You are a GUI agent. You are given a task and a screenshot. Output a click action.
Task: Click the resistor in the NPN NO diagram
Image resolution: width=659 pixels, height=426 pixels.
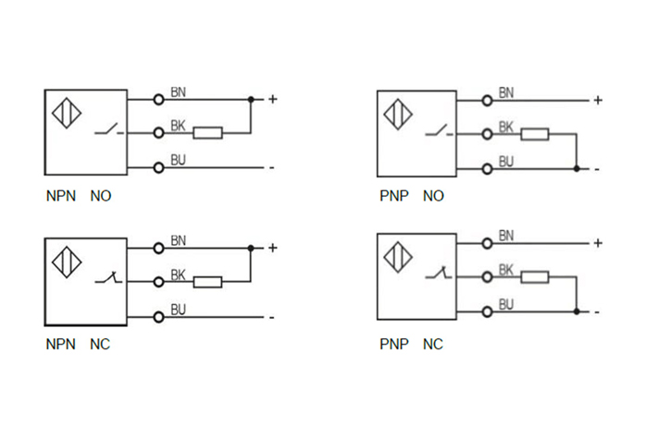[x=208, y=133]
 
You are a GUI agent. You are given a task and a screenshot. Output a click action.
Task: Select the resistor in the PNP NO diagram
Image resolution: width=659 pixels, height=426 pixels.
[x=534, y=135]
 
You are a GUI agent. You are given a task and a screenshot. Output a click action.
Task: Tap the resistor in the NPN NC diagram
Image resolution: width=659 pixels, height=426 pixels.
[x=208, y=282]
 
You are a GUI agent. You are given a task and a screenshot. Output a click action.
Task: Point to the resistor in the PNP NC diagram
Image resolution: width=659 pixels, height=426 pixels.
[x=534, y=277]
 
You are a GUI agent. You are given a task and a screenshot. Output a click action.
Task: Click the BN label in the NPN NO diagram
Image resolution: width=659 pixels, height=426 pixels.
[x=179, y=92]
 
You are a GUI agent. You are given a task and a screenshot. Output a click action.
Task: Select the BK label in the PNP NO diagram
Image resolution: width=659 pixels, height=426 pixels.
[x=506, y=127]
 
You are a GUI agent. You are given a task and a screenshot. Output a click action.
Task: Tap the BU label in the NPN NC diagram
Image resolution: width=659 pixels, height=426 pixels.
[x=179, y=309]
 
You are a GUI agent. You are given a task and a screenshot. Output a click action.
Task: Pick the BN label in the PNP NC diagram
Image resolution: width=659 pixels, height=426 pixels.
[x=506, y=236]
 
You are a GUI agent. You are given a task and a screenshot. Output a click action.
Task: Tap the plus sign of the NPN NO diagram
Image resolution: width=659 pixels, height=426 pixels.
[x=272, y=99]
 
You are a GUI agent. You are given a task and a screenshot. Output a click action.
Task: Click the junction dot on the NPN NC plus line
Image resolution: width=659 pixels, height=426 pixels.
[x=251, y=248]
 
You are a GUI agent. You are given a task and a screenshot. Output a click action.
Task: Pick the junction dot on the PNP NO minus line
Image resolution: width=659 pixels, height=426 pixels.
[x=576, y=169]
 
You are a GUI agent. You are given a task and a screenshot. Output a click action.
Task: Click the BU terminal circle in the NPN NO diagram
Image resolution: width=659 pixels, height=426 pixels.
[x=159, y=167]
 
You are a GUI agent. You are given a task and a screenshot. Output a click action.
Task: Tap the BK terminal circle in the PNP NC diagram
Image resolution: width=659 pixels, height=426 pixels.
[x=487, y=277]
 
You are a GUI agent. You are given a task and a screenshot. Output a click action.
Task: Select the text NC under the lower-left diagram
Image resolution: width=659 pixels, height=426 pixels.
[x=100, y=345]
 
